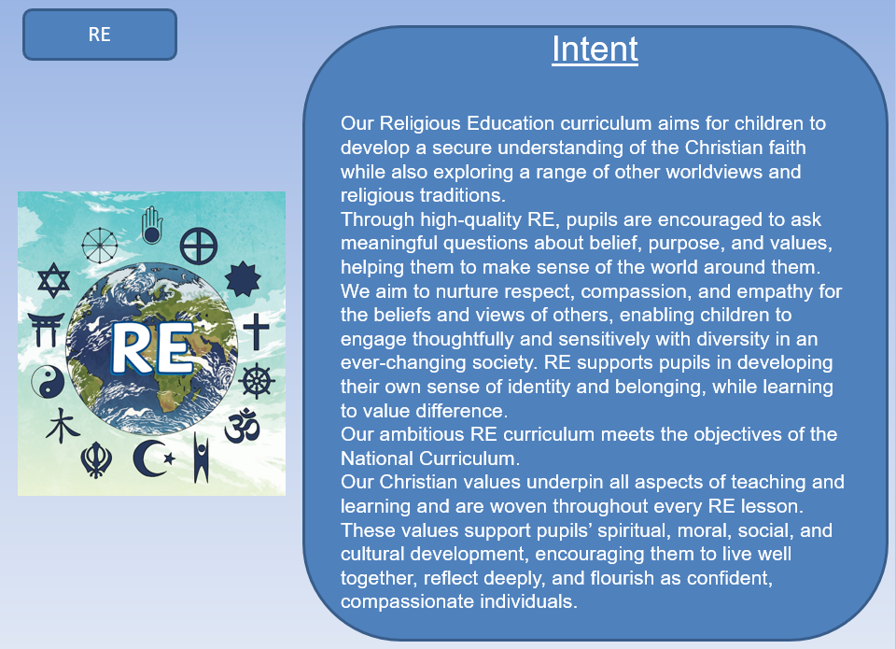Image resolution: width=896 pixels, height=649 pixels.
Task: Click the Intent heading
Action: (x=595, y=49)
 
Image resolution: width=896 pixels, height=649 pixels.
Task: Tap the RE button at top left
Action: (x=100, y=35)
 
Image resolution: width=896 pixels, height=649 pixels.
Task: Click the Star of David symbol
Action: (x=54, y=280)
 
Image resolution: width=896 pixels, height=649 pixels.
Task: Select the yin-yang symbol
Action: (x=48, y=381)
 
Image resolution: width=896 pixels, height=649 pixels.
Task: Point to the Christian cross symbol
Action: (x=256, y=332)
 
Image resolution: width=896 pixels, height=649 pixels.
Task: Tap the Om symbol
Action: (x=243, y=426)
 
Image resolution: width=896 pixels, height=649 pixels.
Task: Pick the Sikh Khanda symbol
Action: (x=96, y=460)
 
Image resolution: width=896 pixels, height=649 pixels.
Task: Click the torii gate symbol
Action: (x=45, y=330)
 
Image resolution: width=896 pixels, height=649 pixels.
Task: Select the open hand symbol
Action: (x=152, y=225)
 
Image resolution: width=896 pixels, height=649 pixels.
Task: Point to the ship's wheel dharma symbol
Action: (x=257, y=381)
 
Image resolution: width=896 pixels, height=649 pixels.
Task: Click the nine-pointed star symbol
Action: (x=243, y=279)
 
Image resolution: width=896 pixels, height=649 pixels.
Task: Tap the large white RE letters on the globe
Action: (x=152, y=349)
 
